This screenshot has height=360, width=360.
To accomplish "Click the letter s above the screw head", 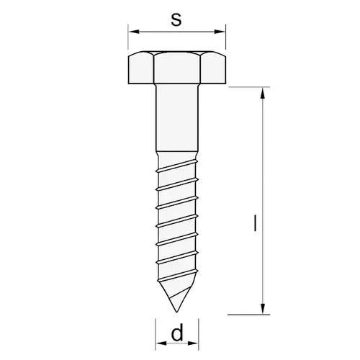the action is click(176, 19).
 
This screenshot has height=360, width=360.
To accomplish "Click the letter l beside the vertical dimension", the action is click(255, 223).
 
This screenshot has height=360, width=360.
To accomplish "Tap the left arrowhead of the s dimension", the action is click(134, 32).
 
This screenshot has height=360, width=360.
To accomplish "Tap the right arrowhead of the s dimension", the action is click(220, 32).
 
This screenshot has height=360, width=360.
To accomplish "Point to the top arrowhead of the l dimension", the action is click(263, 93).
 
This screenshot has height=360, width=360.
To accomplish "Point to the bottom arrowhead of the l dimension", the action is click(263, 309).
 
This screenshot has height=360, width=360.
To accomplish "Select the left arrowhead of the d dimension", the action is click(161, 343).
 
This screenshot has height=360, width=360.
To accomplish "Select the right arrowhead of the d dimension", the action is click(193, 343).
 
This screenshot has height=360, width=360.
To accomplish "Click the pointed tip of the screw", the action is click(176, 312).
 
